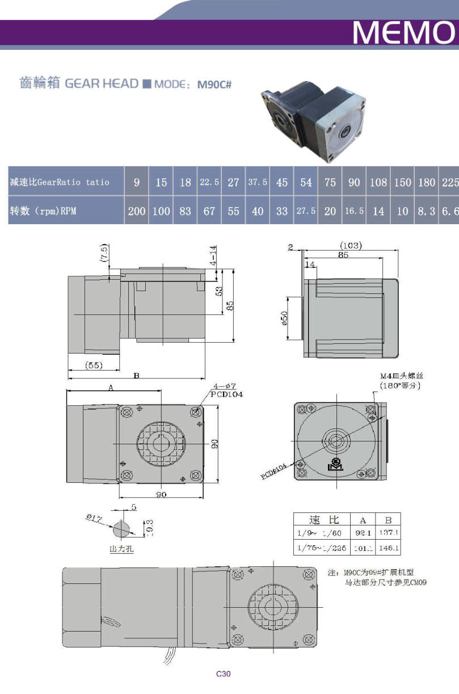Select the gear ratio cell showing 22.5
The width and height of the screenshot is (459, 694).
[x=209, y=182]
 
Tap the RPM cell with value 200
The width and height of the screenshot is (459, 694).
[x=137, y=211]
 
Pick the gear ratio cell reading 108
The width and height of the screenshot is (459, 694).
[x=378, y=182]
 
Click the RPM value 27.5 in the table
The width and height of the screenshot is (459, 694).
[x=306, y=211]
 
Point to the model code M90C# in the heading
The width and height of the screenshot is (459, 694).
[x=214, y=85]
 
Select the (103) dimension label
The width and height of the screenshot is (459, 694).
[x=351, y=246]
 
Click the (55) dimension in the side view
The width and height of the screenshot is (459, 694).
[x=93, y=365]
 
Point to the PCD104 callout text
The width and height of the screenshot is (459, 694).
[x=226, y=394]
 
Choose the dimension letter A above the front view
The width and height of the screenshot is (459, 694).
[x=111, y=388]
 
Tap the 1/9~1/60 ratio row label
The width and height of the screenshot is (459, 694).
[x=318, y=532]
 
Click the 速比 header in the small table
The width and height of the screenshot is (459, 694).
[x=323, y=519]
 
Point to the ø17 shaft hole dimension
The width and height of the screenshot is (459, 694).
[x=93, y=518]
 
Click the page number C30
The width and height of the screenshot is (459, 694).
[x=224, y=674]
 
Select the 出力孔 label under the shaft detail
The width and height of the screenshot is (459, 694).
[x=121, y=549]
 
